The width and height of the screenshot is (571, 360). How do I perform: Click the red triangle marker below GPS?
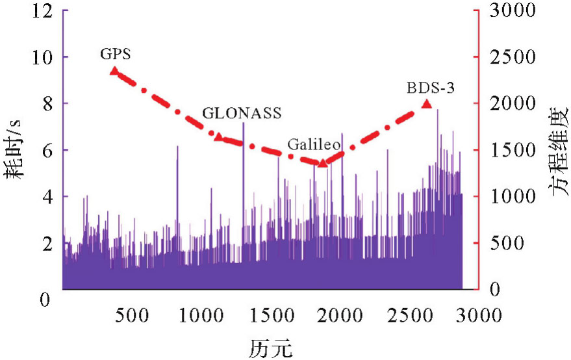point(114,71)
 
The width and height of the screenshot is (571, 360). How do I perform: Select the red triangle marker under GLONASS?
point(219,136)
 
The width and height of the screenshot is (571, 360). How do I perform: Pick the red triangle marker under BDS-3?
point(427,103)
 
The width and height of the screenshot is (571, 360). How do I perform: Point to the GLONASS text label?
point(242,113)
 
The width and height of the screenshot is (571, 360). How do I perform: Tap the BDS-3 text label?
point(430,87)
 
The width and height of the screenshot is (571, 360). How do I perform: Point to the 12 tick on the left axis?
point(42,11)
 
